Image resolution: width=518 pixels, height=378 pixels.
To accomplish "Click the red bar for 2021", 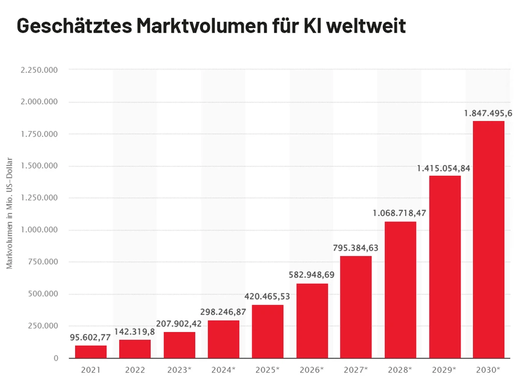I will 91,352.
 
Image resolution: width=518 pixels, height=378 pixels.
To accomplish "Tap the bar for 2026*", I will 312,321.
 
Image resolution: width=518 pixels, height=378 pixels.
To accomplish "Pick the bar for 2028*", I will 400,290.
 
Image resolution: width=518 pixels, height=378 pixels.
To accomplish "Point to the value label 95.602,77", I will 91,338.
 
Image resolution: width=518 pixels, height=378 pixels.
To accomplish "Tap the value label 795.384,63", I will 355,248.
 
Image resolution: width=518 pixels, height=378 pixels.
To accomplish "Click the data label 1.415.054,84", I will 444,168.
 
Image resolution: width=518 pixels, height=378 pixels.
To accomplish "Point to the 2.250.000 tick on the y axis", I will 40,70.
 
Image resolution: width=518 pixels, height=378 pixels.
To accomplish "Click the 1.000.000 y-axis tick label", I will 40,230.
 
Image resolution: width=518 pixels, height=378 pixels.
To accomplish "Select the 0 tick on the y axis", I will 56,358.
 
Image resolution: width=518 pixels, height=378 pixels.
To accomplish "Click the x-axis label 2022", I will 135,370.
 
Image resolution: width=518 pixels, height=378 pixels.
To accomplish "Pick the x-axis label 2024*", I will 223,370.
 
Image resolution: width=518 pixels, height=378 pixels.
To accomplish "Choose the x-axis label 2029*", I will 444,370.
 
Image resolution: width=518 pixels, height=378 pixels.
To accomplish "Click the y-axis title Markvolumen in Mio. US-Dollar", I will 10,213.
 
